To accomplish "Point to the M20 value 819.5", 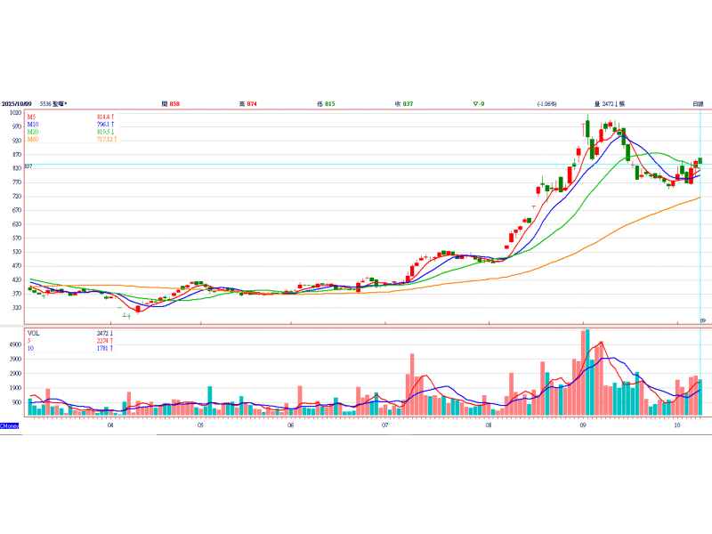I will click(x=106, y=132).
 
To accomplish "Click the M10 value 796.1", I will click(x=106, y=125).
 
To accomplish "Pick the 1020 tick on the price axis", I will click(x=16, y=113).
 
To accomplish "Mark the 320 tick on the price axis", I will click(x=16, y=308).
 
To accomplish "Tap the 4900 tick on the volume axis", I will click(x=15, y=344).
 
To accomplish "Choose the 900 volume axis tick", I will click(x=16, y=402).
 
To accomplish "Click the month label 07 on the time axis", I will click(x=384, y=426).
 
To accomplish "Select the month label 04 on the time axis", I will click(x=109, y=426).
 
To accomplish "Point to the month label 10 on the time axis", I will click(x=677, y=426).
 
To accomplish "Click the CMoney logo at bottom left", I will click(x=10, y=425).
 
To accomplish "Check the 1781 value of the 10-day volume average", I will click(x=102, y=347).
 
